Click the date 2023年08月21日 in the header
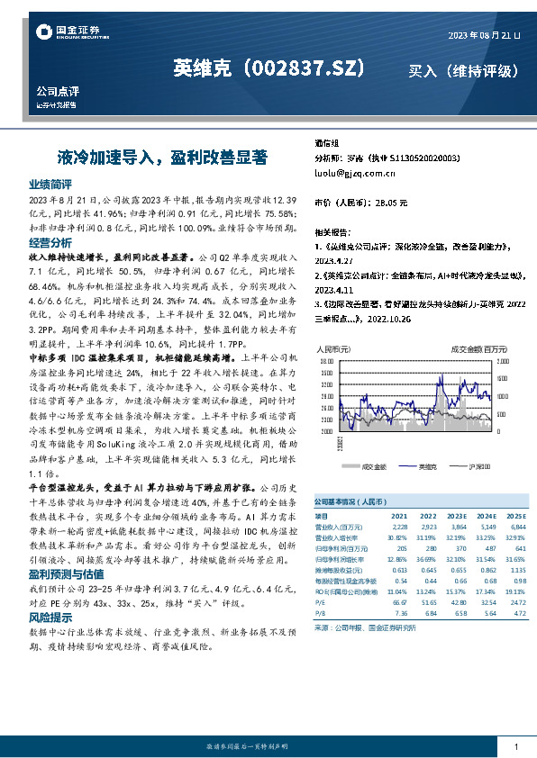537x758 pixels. point(484,35)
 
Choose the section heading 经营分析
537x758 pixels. point(50,243)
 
